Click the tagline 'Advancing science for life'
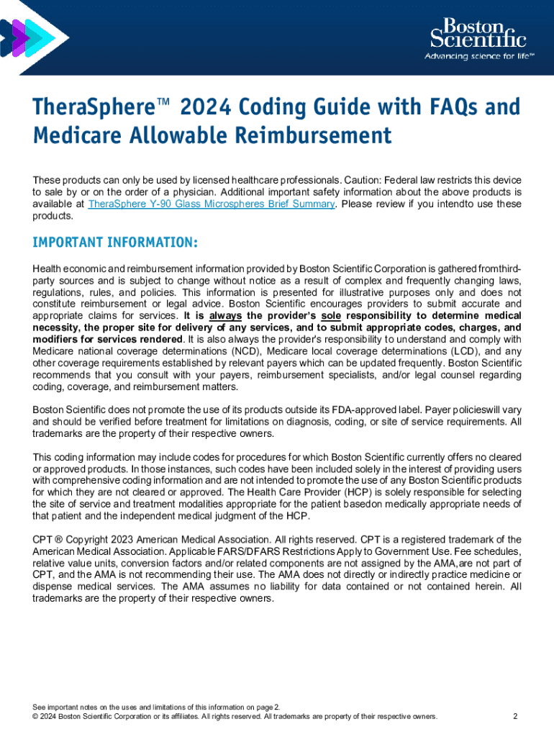[x=478, y=56]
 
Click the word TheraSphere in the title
[x=79, y=108]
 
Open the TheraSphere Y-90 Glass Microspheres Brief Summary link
[x=212, y=204]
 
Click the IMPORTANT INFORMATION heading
[x=115, y=241]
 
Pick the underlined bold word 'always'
[x=224, y=316]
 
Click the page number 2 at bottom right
[x=515, y=717]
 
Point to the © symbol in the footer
[x=36, y=717]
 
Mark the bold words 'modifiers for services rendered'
[x=107, y=339]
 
